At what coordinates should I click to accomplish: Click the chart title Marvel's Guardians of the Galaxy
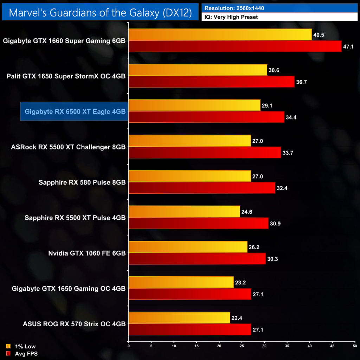[x=100, y=13]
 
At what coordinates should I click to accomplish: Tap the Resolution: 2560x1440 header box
[x=279, y=8]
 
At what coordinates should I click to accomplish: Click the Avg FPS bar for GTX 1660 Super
[x=235, y=46]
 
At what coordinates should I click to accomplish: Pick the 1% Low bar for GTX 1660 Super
[x=220, y=34]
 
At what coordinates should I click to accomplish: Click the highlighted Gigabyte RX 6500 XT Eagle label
[x=75, y=111]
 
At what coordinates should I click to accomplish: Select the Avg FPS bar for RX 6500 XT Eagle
[x=206, y=117]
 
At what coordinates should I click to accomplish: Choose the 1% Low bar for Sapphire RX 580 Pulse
[x=190, y=176]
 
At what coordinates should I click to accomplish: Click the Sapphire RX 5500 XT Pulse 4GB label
[x=75, y=218]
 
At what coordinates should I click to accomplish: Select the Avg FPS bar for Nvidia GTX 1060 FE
[x=197, y=259]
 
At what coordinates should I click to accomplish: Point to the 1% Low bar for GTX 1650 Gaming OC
[x=181, y=282]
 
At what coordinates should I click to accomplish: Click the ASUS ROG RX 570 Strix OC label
[x=69, y=324]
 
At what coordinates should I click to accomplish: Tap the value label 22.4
[x=237, y=318]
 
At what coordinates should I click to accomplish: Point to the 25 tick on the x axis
[x=242, y=346]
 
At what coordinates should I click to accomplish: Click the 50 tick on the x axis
[x=355, y=346]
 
